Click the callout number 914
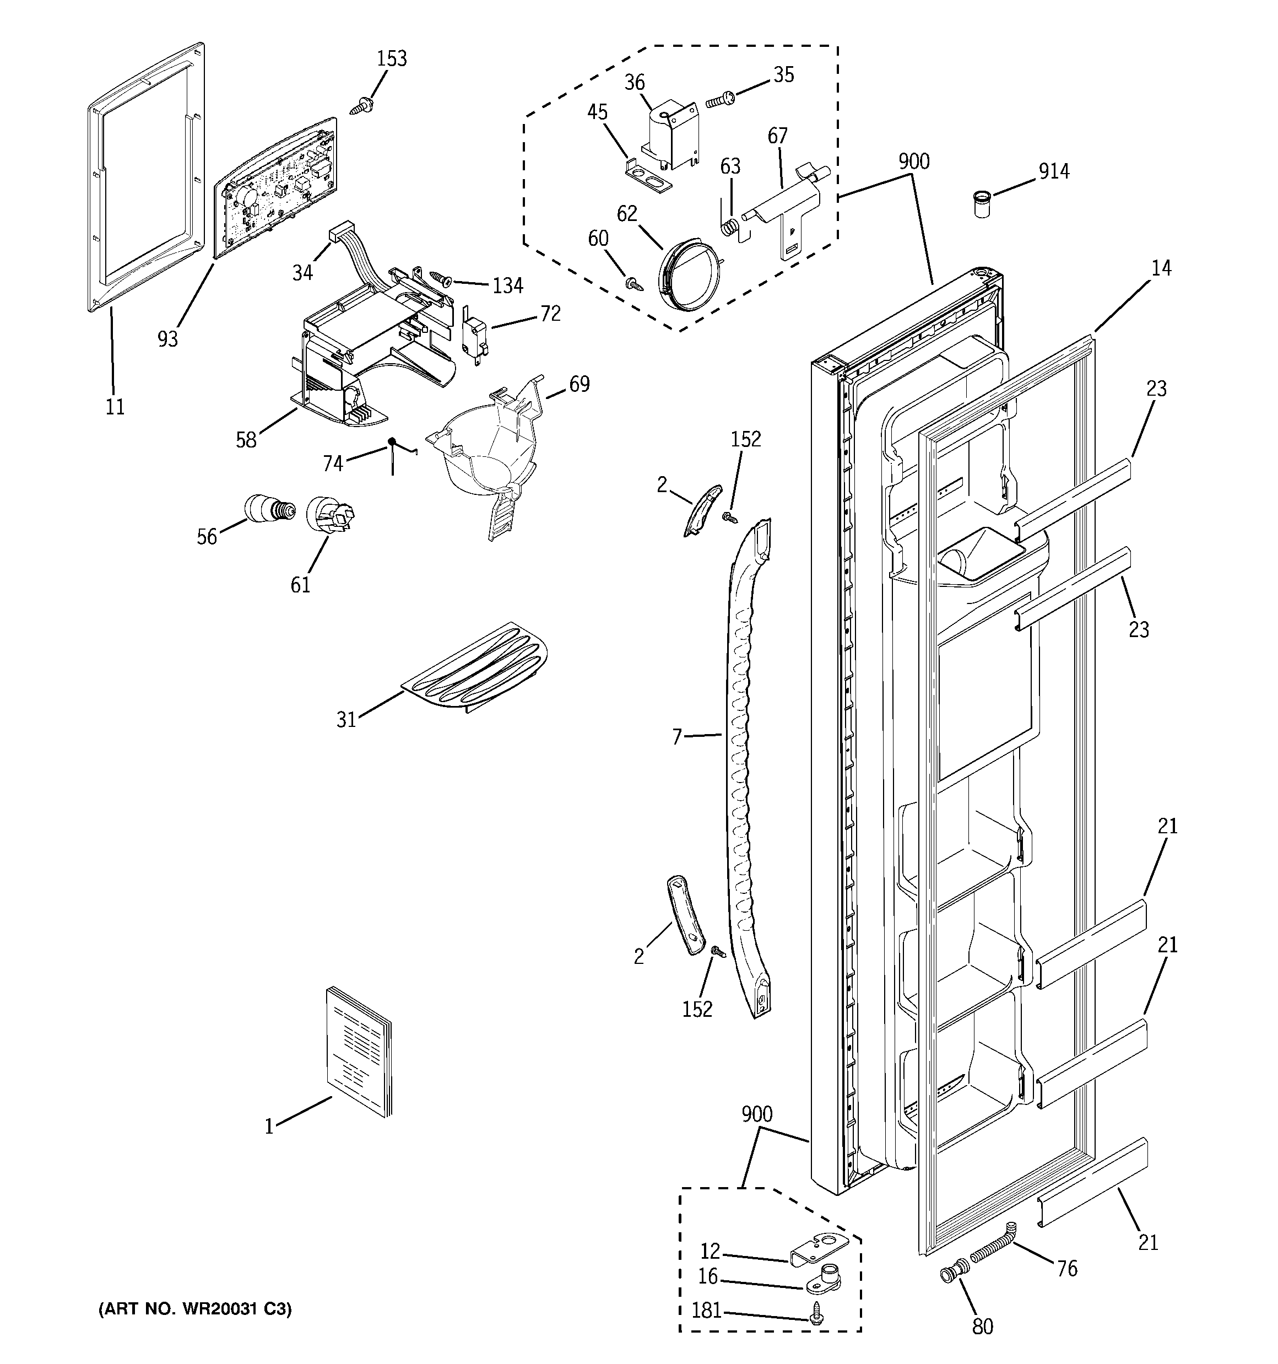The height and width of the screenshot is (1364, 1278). tap(1054, 171)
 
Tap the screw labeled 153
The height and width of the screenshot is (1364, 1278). tap(361, 106)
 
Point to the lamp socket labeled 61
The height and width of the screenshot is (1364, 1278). tap(329, 515)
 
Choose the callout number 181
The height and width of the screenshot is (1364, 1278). tap(707, 1311)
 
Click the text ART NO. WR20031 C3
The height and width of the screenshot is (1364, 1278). tap(195, 1309)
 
